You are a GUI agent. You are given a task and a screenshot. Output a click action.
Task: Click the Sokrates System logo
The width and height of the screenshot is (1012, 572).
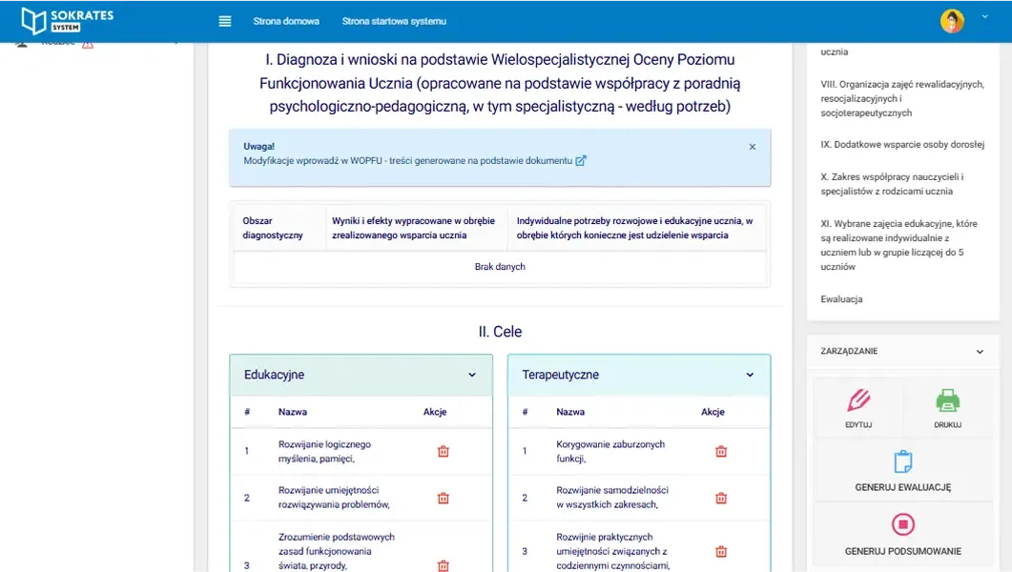pyautogui.click(x=67, y=20)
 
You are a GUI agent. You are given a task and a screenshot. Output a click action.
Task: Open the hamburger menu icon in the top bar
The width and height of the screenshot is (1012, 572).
pyautogui.click(x=225, y=21)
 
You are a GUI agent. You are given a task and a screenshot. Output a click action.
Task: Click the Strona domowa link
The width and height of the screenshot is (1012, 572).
pyautogui.click(x=286, y=21)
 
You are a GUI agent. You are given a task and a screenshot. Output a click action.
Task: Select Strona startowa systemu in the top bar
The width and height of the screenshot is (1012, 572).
pyautogui.click(x=394, y=21)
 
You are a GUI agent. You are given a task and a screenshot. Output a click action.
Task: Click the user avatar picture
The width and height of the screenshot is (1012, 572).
pyautogui.click(x=952, y=21)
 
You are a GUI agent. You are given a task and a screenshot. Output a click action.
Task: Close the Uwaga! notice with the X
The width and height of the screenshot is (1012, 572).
pyautogui.click(x=753, y=147)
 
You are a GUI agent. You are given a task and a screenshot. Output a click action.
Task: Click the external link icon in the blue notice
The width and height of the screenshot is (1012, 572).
pyautogui.click(x=581, y=161)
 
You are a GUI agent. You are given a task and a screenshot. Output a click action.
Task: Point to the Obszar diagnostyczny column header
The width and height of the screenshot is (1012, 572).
pyautogui.click(x=273, y=228)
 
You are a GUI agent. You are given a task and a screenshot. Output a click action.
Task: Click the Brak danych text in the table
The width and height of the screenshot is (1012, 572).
pyautogui.click(x=500, y=267)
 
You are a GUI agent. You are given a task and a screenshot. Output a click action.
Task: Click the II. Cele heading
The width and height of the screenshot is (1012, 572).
pyautogui.click(x=500, y=332)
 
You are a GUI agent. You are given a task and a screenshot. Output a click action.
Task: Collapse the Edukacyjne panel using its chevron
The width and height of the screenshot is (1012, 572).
pyautogui.click(x=472, y=375)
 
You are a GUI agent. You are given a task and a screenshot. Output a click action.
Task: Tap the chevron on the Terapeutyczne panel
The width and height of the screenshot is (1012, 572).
pyautogui.click(x=750, y=375)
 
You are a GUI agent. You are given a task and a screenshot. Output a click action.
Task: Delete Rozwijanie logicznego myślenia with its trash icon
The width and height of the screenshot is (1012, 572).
pyautogui.click(x=444, y=451)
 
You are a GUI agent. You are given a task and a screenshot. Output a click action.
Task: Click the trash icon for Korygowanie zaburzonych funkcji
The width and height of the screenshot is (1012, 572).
pyautogui.click(x=721, y=451)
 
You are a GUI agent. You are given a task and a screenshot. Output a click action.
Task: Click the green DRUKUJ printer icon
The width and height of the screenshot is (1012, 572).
pyautogui.click(x=948, y=400)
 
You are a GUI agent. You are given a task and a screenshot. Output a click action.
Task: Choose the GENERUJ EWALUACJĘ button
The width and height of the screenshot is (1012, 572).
pyautogui.click(x=902, y=473)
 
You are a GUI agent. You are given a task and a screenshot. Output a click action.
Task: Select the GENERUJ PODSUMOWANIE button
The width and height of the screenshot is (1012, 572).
pyautogui.click(x=902, y=535)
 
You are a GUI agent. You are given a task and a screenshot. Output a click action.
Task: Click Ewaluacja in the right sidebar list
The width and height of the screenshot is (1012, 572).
pyautogui.click(x=841, y=299)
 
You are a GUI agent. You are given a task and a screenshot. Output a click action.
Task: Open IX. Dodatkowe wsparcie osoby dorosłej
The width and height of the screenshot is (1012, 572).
pyautogui.click(x=902, y=145)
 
